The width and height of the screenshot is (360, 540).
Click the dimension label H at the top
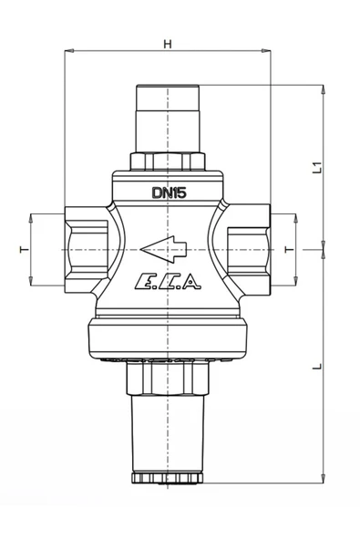[168, 44]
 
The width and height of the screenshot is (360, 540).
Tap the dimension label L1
[317, 167]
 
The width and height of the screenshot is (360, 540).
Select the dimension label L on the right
[317, 366]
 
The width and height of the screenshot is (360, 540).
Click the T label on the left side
[25, 249]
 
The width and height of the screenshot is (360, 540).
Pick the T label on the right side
[290, 249]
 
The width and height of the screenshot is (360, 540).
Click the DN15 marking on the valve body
[169, 192]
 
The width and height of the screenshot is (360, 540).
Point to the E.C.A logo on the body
[168, 281]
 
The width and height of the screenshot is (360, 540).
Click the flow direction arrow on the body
[163, 249]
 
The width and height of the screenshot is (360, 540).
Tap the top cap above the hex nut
[168, 119]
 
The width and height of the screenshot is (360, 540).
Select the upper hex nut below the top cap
[168, 161]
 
